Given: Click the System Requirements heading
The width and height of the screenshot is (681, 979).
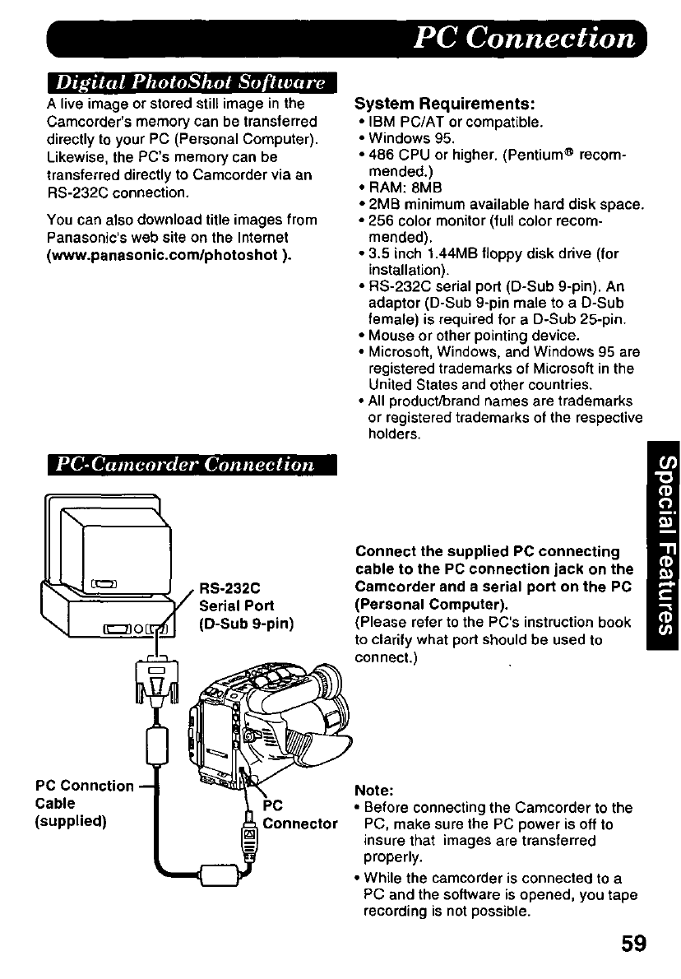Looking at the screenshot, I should [444, 104].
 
